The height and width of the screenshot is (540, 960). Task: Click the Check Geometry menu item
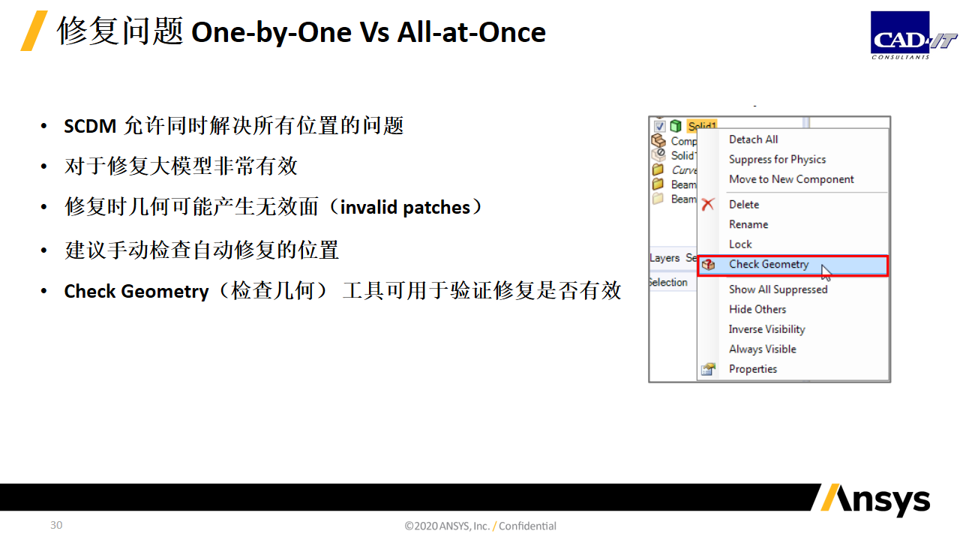pyautogui.click(x=769, y=265)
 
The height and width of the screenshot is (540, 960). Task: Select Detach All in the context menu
pyautogui.click(x=754, y=139)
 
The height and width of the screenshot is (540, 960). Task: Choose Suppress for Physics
pyautogui.click(x=778, y=160)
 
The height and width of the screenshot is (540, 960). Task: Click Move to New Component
pyautogui.click(x=791, y=179)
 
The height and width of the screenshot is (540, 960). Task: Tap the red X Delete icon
pyautogui.click(x=708, y=205)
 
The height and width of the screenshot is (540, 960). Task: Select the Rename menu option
pyautogui.click(x=748, y=224)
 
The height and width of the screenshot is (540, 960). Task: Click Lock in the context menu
pyautogui.click(x=740, y=244)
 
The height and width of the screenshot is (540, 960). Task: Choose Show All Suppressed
pyautogui.click(x=778, y=289)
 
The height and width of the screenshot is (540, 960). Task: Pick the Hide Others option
pyautogui.click(x=757, y=310)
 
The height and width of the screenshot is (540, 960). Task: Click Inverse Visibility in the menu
pyautogui.click(x=767, y=329)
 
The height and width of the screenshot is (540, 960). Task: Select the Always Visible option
pyautogui.click(x=763, y=349)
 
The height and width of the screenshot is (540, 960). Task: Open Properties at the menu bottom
pyautogui.click(x=753, y=369)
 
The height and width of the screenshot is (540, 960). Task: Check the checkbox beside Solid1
pyautogui.click(x=659, y=126)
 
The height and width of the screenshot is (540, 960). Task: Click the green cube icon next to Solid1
pyautogui.click(x=676, y=125)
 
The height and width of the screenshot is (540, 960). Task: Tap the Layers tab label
pyautogui.click(x=664, y=258)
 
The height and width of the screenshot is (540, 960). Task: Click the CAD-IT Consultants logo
pyautogui.click(x=913, y=35)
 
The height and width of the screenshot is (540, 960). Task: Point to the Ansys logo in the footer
pyautogui.click(x=875, y=500)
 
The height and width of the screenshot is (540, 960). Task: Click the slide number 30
pyautogui.click(x=56, y=525)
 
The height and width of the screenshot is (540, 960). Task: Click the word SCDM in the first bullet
pyautogui.click(x=90, y=127)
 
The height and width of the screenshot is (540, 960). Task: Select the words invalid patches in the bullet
pyautogui.click(x=406, y=208)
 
